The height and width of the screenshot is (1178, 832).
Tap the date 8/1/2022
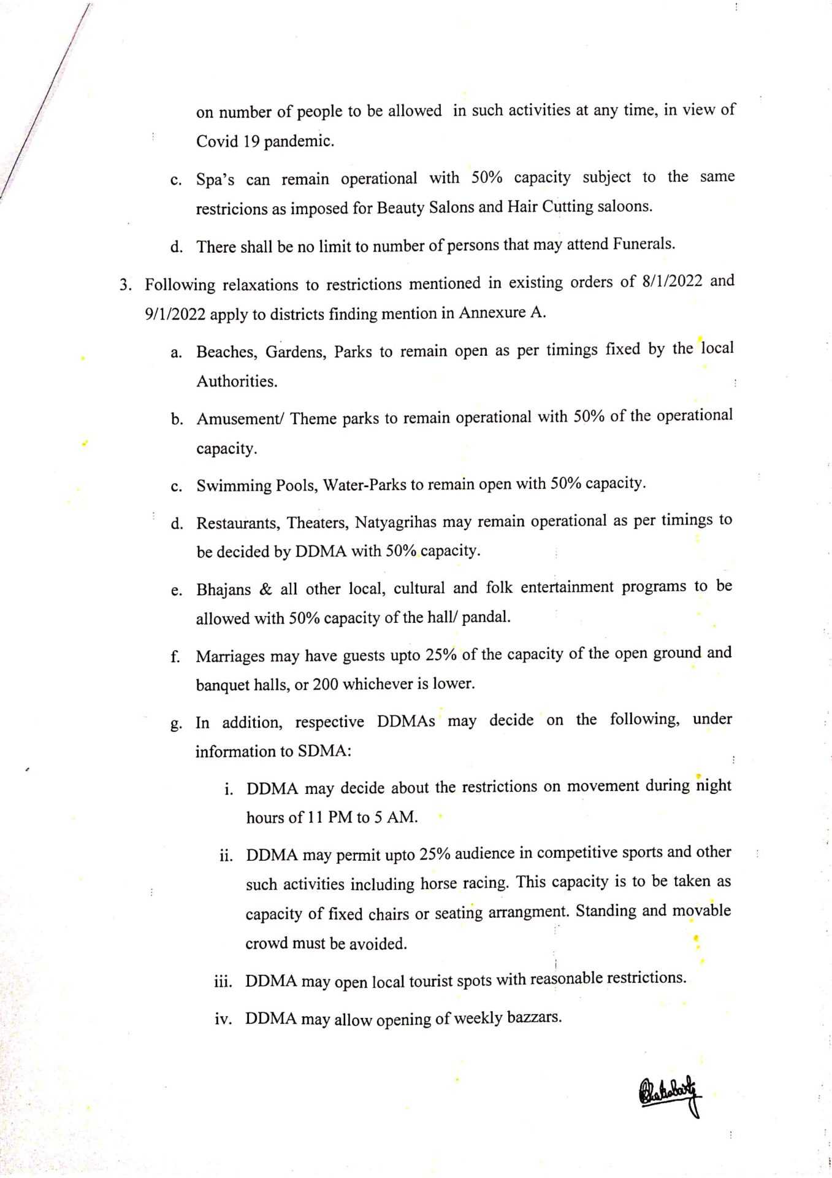coord(671,282)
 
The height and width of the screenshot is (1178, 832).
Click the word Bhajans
coord(223,590)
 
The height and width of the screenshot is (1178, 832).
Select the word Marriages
coord(230,656)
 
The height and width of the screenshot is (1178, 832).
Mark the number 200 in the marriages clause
coord(325,684)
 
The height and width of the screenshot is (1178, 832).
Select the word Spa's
coord(215,180)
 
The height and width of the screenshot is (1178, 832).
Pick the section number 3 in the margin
coord(125,285)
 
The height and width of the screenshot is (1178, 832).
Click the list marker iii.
coord(223,982)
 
